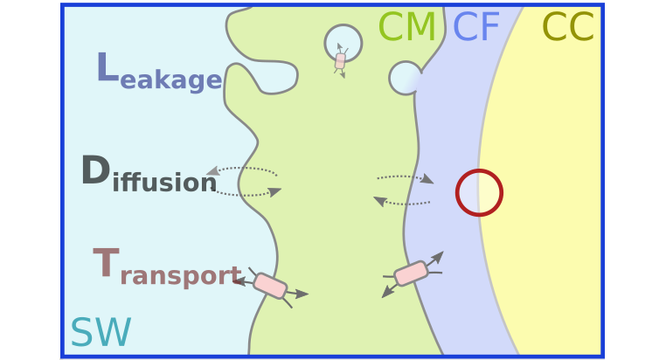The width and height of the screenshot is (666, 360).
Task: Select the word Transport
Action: [167, 267]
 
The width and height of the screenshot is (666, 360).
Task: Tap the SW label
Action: [101, 333]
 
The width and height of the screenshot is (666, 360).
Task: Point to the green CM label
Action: [406, 28]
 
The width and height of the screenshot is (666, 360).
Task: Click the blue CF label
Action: [475, 28]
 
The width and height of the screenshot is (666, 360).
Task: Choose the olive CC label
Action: [568, 28]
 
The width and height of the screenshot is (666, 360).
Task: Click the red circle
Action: [479, 192]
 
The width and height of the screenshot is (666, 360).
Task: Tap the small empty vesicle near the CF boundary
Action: [406, 78]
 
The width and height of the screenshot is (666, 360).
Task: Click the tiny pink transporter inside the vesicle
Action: [340, 60]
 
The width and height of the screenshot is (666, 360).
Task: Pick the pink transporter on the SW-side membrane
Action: [270, 286]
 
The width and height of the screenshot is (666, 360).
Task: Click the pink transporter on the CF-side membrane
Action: [411, 273]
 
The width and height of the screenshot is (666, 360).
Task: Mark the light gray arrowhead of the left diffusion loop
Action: [212, 170]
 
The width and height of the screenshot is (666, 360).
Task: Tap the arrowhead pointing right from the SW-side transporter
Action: [302, 294]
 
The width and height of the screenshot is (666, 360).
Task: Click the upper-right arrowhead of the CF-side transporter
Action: [437, 257]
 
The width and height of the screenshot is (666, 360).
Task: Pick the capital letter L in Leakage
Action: [106, 67]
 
